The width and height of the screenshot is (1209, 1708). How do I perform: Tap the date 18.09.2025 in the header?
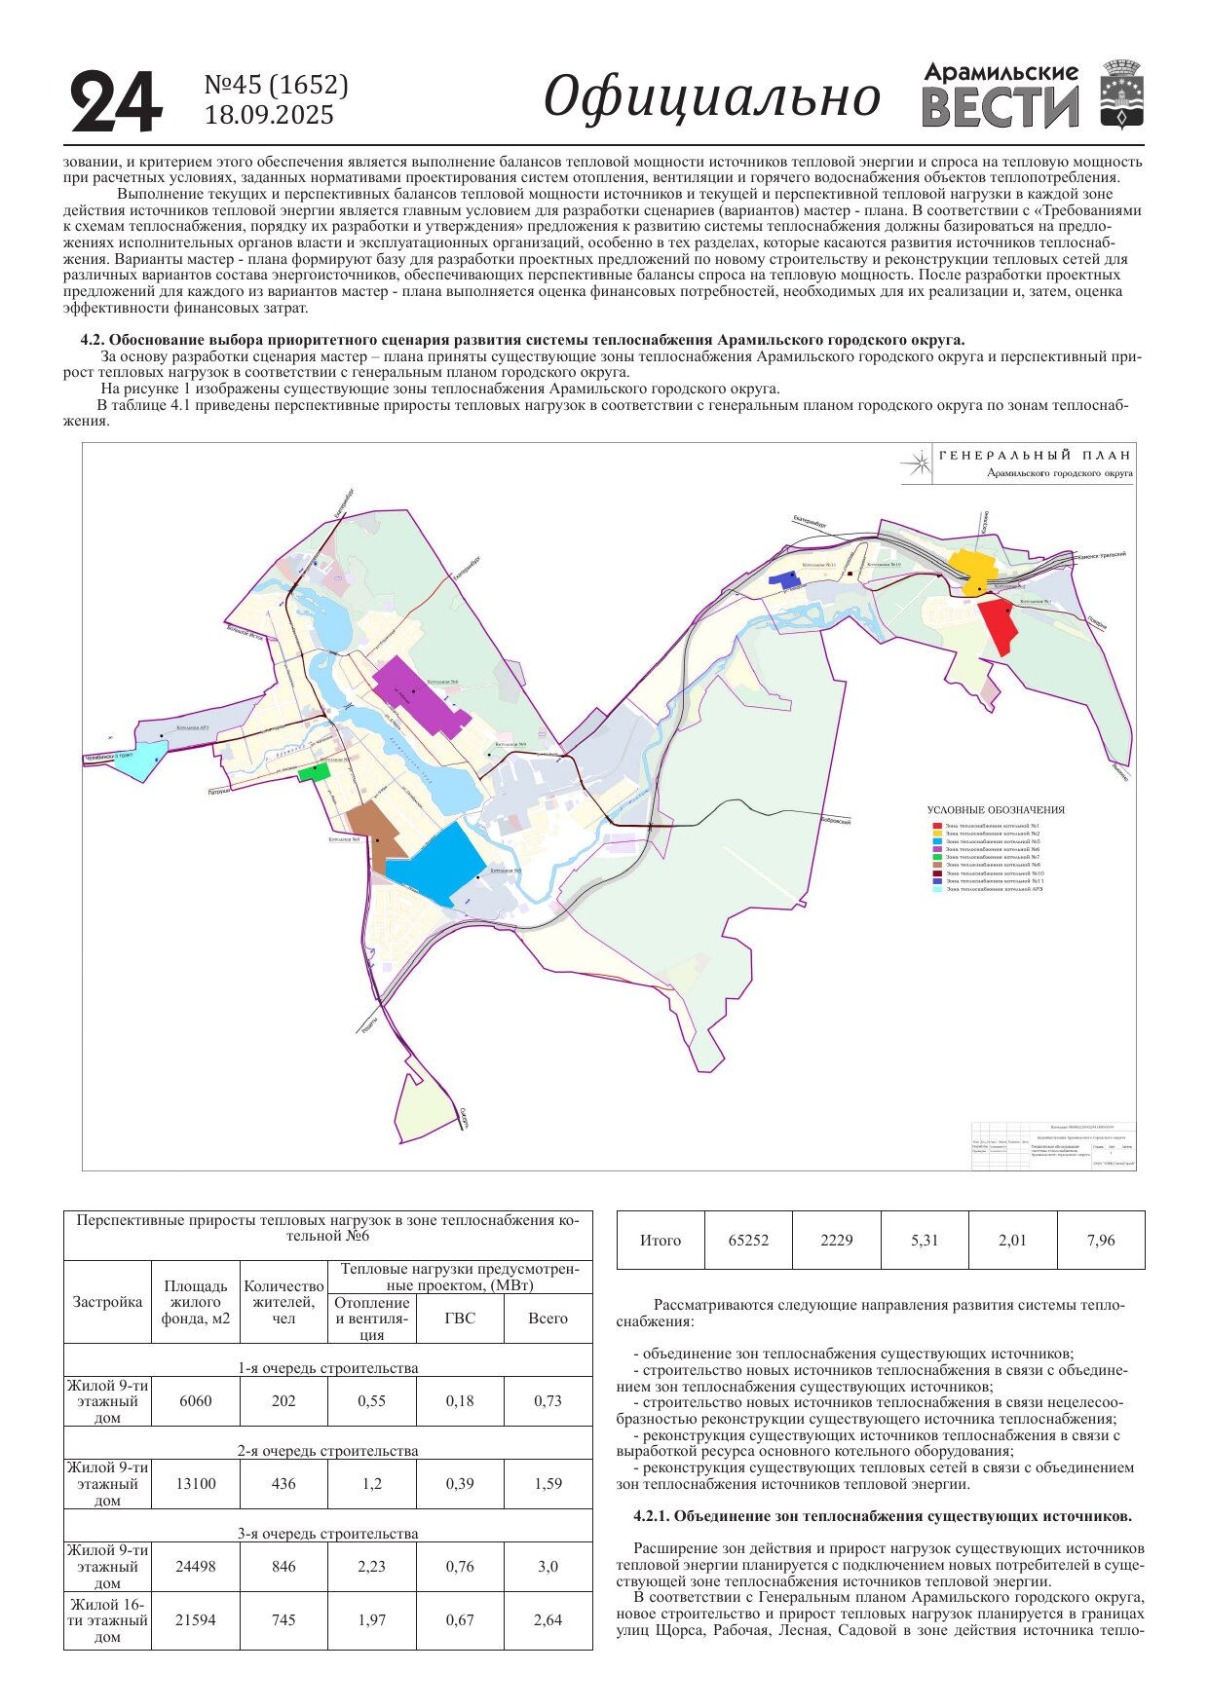(269, 116)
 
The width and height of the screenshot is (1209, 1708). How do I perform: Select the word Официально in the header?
(711, 97)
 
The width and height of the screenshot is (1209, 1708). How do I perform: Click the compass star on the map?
(916, 464)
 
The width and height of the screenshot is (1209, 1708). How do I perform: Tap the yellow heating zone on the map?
(970, 570)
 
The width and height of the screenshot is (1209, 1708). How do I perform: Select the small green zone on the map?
(314, 772)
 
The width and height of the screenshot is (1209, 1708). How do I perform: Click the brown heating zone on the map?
(376, 833)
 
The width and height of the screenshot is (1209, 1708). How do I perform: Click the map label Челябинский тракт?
(109, 756)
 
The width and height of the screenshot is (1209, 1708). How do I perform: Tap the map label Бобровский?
(835, 821)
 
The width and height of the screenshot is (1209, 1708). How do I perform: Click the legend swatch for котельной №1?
(937, 826)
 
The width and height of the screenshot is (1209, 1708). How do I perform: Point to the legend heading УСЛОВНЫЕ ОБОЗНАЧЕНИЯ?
(995, 810)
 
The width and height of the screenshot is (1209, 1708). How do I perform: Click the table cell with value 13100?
(196, 1484)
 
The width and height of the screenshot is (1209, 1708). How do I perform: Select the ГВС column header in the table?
(460, 1318)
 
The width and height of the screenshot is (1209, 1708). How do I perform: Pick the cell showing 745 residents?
(283, 1620)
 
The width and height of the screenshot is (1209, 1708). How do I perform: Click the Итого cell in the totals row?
(660, 1241)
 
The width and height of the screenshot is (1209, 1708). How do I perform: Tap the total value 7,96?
(1101, 1241)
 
